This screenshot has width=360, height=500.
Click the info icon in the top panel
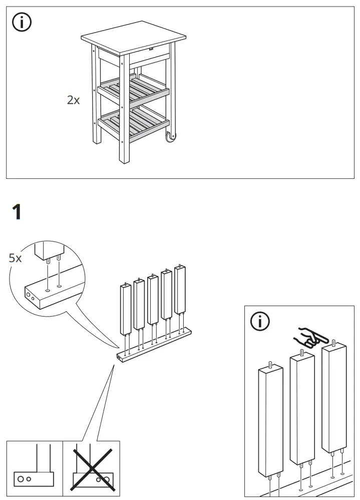(22, 23)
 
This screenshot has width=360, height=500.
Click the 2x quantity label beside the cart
(73, 100)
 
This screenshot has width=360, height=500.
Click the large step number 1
(17, 213)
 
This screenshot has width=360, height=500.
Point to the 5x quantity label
(16, 259)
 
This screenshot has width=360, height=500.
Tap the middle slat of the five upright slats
(153, 300)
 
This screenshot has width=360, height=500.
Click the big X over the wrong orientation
(91, 468)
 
